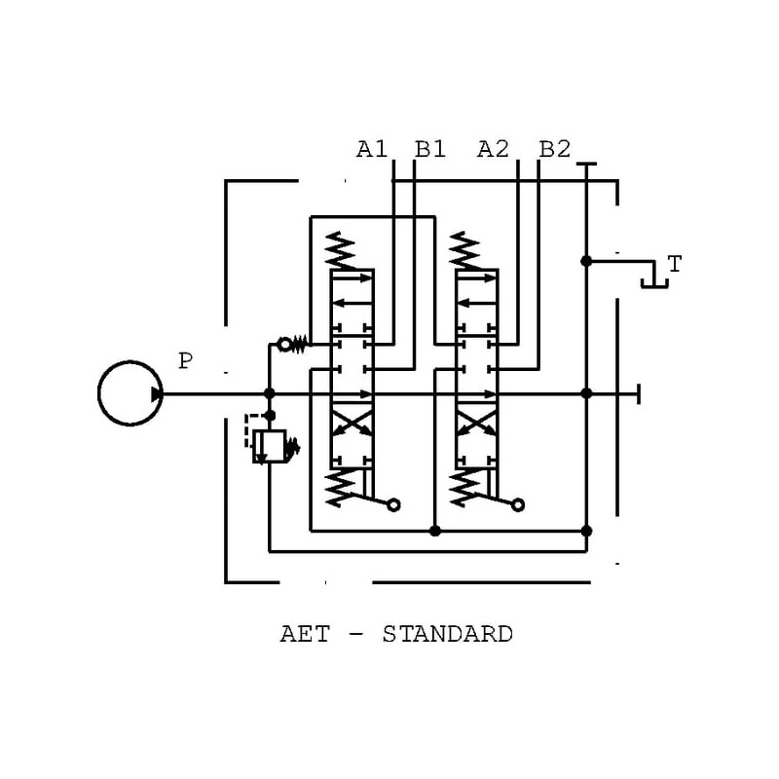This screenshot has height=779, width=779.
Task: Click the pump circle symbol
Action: click(130, 393)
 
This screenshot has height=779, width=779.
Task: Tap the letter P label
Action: click(185, 362)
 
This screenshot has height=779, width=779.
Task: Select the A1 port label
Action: click(372, 149)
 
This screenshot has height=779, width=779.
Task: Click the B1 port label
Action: click(430, 149)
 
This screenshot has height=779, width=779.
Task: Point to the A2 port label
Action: click(494, 149)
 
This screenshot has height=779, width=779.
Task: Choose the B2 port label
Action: click(554, 149)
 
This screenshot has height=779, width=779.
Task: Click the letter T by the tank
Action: click(674, 263)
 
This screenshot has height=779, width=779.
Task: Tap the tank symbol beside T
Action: click(654, 281)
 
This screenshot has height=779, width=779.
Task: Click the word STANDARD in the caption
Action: click(448, 635)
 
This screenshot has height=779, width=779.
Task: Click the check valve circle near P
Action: click(285, 343)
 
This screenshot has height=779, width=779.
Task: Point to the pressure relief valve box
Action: click(268, 447)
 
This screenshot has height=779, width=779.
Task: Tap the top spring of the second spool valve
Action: click(466, 251)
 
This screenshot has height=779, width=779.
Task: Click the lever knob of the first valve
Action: click(394, 504)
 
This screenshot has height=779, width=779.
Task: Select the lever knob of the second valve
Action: click(518, 504)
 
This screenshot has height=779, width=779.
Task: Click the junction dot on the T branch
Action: click(586, 261)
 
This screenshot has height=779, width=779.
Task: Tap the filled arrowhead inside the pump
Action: click(156, 393)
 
